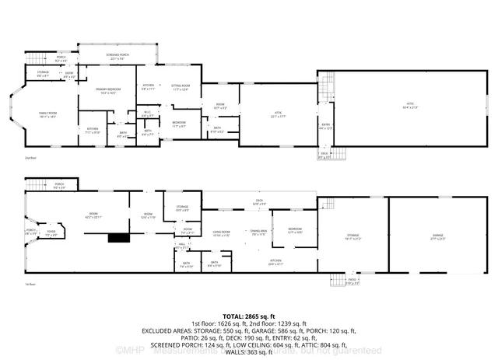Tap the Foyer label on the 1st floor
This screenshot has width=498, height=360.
pos(51,232)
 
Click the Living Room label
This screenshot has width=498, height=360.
pos(222,232)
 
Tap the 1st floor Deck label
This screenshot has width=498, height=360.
pos(260,201)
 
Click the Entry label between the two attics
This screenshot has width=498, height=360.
pos(326,127)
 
